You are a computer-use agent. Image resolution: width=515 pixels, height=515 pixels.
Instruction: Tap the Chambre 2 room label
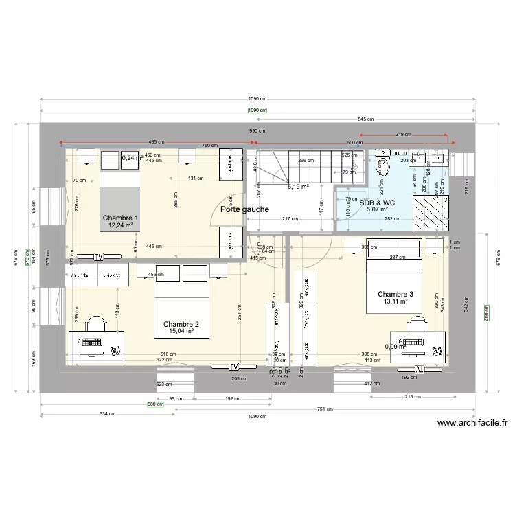coord(181,324)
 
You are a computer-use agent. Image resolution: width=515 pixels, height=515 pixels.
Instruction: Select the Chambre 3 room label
coord(396,294)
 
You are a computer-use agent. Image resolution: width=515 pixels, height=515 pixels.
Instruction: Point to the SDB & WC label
coord(378,203)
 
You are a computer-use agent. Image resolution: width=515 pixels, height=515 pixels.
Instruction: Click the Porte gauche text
coord(244,210)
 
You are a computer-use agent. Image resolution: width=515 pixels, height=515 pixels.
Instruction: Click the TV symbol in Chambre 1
coord(99,257)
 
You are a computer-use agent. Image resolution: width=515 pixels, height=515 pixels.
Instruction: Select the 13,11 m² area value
coord(396,301)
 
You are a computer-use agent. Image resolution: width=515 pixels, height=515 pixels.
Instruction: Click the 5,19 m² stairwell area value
coord(298,187)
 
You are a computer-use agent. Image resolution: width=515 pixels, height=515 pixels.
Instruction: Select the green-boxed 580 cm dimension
coord(155,404)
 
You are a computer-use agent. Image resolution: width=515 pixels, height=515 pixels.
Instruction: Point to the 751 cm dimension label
coord(324,409)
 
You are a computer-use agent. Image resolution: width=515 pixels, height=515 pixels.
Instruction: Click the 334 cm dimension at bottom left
coord(106,414)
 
